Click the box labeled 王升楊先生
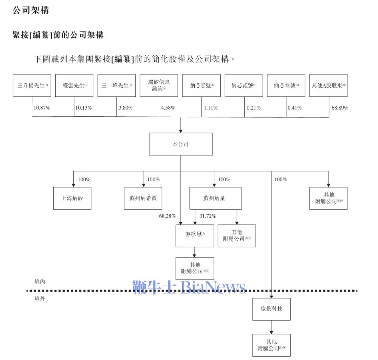(32, 85)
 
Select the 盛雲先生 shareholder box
(74, 85)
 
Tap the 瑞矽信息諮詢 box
(159, 85)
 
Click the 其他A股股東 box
(328, 85)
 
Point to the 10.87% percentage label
(42, 108)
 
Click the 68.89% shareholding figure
(339, 108)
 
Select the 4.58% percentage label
(168, 108)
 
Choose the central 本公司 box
(181, 144)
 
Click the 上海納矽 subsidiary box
(72, 198)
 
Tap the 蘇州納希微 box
(143, 198)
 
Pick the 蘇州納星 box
(215, 198)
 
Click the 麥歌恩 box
(195, 236)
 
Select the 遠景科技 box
(271, 309)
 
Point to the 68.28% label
(168, 216)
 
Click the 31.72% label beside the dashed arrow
(208, 216)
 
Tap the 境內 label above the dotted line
(39, 281)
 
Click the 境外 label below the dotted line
(39, 299)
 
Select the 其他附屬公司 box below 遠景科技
(271, 345)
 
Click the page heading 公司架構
(31, 10)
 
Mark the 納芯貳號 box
(244, 85)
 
